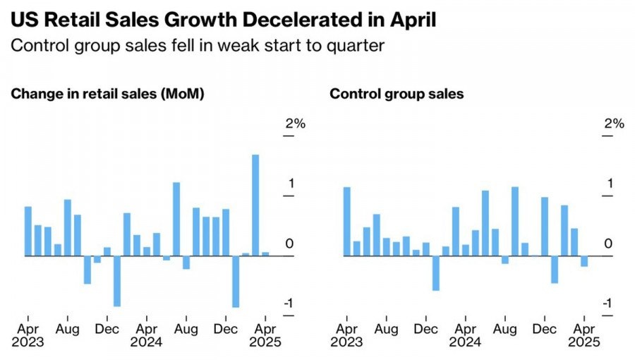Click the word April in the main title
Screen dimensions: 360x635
point(410,19)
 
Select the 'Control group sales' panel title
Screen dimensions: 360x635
point(397,94)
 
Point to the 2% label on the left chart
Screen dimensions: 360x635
point(296,124)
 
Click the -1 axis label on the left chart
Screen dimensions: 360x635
point(289,304)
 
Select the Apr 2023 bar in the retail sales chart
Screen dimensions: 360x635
point(28,231)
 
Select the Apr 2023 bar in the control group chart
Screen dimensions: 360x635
point(347,221)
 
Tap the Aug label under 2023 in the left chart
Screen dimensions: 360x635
point(68,328)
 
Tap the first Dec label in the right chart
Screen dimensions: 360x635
point(426,328)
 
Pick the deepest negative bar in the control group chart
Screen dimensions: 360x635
point(436,273)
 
